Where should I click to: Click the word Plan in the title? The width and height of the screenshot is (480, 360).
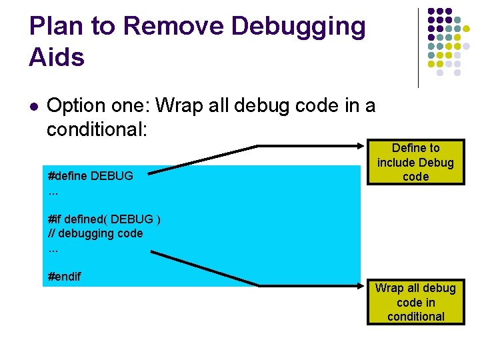54,27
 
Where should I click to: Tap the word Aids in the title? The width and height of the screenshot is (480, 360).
57,57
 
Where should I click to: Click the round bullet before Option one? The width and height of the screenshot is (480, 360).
34,106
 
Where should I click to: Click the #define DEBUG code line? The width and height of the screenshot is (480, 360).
91,176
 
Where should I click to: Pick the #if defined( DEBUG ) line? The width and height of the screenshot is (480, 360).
104,219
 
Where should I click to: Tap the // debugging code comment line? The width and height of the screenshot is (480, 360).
95,233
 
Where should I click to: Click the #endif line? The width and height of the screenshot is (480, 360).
65,276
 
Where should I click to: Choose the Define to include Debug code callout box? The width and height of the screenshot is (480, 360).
415,163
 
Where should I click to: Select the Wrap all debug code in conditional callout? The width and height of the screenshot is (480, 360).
415,303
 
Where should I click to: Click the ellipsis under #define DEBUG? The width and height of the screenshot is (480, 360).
53,191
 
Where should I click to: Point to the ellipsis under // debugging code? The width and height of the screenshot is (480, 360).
53,249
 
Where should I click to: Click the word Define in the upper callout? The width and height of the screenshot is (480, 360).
407,148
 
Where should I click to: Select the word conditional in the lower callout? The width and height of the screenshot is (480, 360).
415,317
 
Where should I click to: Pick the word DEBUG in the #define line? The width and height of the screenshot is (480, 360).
112,176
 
